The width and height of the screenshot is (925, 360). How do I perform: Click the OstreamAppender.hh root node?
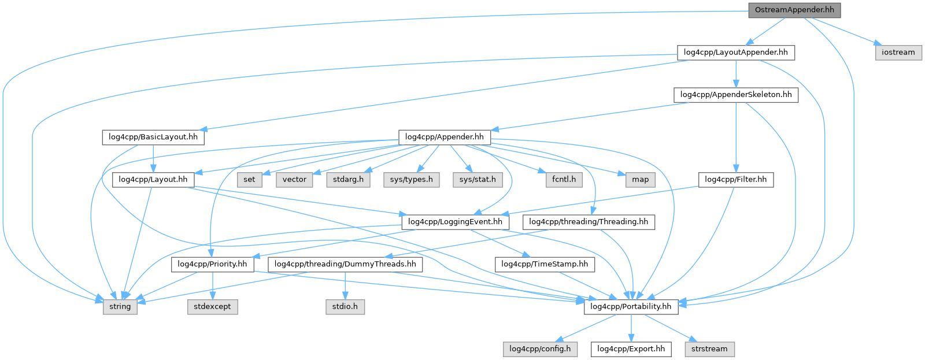[794, 10]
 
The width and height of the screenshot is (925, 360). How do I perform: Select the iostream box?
[898, 52]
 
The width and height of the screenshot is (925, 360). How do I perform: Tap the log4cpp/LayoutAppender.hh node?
[735, 52]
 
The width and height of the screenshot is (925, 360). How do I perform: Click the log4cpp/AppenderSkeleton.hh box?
[735, 95]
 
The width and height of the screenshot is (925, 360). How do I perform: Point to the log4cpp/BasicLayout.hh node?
[153, 137]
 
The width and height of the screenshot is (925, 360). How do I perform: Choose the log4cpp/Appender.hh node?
[444, 137]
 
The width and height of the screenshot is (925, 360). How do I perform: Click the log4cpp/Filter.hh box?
[735, 180]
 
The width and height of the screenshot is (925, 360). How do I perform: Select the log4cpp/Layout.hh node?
[153, 180]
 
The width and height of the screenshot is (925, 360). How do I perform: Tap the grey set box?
[249, 180]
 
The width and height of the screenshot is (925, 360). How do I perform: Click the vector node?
[294, 180]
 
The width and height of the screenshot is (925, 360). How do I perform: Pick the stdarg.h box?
[348, 180]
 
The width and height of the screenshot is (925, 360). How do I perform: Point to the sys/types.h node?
[411, 180]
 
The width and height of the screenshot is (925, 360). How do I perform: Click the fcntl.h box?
[564, 180]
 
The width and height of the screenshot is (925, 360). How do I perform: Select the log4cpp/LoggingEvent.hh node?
[455, 222]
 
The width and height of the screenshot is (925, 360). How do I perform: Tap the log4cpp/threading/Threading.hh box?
[589, 222]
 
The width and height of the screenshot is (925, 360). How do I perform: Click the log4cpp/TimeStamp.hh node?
[544, 264]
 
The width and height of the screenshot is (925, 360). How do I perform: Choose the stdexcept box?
[212, 306]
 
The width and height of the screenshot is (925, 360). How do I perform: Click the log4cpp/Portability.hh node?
[631, 306]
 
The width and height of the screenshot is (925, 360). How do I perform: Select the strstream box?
[709, 349]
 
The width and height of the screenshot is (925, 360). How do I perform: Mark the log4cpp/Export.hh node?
[631, 349]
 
